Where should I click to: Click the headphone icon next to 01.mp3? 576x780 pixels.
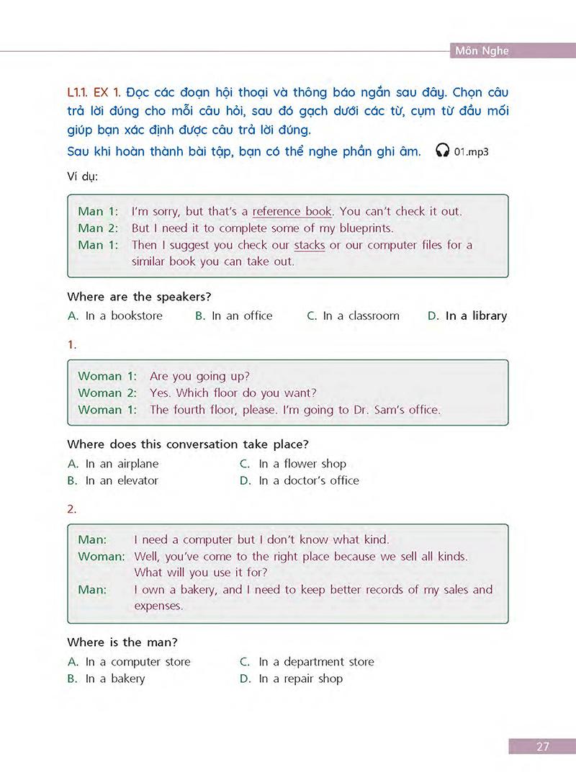pos(443,151)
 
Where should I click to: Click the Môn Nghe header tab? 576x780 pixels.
pos(482,50)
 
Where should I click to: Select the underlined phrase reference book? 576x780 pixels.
pos(292,212)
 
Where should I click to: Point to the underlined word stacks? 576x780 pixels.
pos(310,245)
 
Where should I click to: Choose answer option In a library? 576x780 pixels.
pos(476,315)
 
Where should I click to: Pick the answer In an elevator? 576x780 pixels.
pos(122,480)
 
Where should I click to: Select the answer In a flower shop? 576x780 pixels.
pos(302,464)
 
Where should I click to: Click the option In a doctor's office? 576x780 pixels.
pos(308,480)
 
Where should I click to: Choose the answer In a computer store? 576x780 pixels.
pos(138,662)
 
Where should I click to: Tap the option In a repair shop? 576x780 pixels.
pos(301,678)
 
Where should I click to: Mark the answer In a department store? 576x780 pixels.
pos(316,662)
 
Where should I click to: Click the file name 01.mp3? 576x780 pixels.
pos(471,151)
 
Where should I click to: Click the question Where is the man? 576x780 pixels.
pos(122,642)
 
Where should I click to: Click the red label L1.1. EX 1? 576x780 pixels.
pos(94,94)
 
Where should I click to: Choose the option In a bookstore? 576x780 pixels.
pos(124,315)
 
